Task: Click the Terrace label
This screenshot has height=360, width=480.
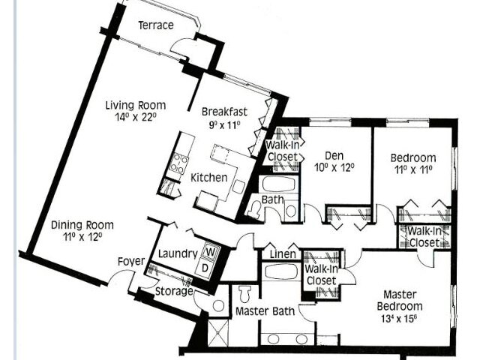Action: [x=156, y=25]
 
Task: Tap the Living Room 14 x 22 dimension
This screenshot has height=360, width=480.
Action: [x=136, y=117]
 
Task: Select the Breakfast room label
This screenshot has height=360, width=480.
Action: [x=224, y=112]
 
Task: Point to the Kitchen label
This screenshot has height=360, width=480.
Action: [x=209, y=178]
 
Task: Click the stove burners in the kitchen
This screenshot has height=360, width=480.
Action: [x=178, y=163]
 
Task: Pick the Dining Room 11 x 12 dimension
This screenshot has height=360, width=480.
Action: [x=82, y=236]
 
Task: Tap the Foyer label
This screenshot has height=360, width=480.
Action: [x=131, y=262]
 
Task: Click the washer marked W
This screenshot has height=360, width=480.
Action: [x=210, y=252]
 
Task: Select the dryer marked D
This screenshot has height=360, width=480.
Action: [x=205, y=268]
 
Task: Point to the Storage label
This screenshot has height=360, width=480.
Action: [x=174, y=291]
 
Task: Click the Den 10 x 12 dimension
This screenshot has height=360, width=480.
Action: [x=334, y=167]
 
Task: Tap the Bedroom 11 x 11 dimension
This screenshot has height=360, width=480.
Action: [x=413, y=169]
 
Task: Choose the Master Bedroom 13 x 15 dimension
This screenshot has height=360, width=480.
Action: [x=399, y=318]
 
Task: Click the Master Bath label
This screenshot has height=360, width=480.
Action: [x=265, y=311]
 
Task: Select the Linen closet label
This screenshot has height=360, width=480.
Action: [x=283, y=254]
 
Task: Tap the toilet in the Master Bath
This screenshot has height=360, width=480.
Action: [x=244, y=293]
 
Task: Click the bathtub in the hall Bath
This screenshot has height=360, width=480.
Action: [x=278, y=184]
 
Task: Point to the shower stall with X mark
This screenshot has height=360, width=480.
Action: [x=218, y=333]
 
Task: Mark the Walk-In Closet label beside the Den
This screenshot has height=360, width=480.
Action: [x=282, y=151]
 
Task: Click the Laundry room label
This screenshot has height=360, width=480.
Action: [x=178, y=253]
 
